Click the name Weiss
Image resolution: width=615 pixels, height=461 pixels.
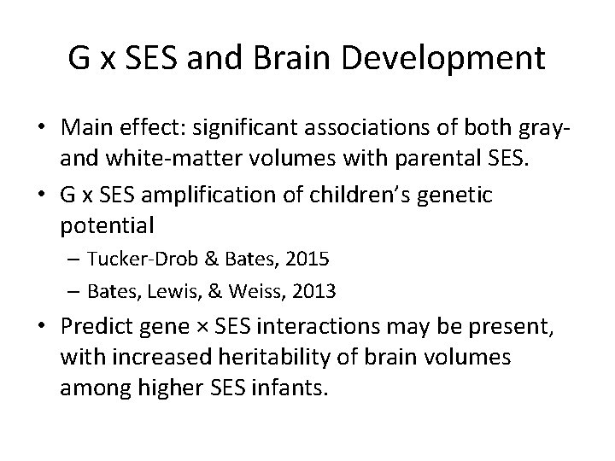pyautogui.click(x=260, y=291)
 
